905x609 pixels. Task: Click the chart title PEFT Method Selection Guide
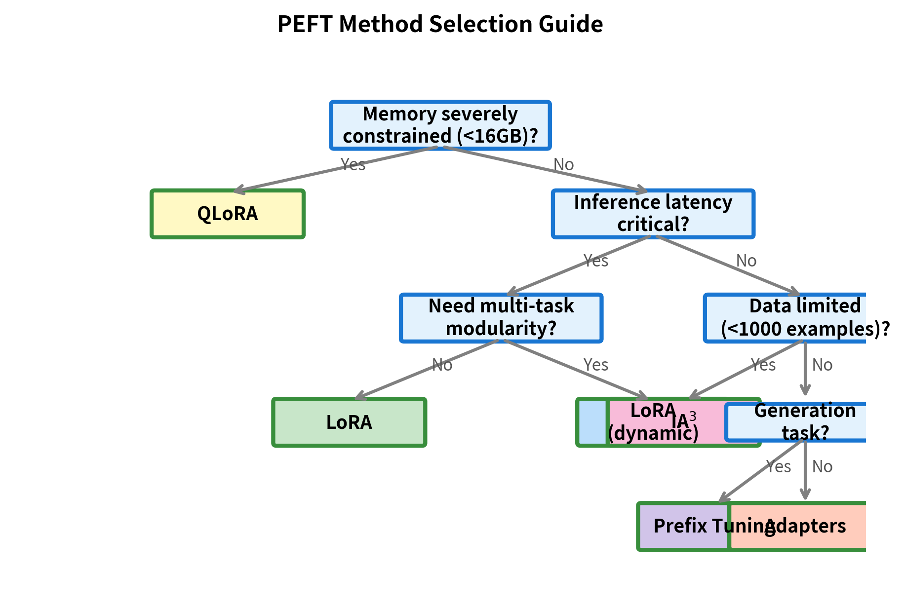(440, 24)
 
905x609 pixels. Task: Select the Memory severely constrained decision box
(440, 125)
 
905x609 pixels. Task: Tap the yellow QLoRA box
(228, 214)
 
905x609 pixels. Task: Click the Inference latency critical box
(653, 214)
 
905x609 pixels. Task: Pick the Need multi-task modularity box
(501, 317)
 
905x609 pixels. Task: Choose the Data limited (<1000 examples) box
(785, 317)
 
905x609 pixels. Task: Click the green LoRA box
(349, 422)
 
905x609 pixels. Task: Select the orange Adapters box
(810, 526)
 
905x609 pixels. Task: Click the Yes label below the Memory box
(353, 164)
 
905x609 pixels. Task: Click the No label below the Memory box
(563, 164)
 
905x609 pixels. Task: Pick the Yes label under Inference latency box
(596, 261)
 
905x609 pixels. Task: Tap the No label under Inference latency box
(746, 261)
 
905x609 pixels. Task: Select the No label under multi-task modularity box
(442, 365)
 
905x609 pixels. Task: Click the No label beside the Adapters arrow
(822, 466)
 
